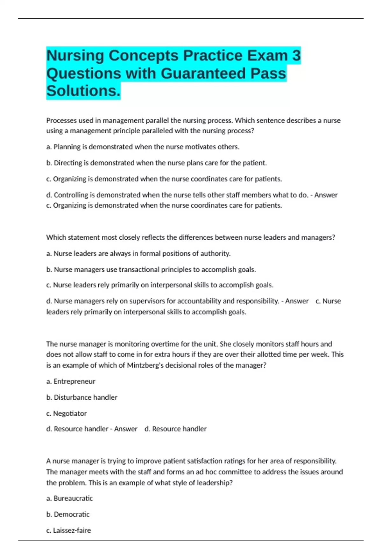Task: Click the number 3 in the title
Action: (x=296, y=56)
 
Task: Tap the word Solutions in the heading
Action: (x=83, y=91)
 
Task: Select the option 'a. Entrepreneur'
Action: (x=71, y=381)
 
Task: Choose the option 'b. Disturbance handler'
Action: (x=82, y=397)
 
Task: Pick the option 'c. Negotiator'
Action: (x=66, y=413)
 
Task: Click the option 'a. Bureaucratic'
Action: (x=69, y=498)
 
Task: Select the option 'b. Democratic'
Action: (x=68, y=514)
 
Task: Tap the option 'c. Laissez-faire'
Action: (x=68, y=530)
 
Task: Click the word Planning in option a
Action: (x=67, y=147)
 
